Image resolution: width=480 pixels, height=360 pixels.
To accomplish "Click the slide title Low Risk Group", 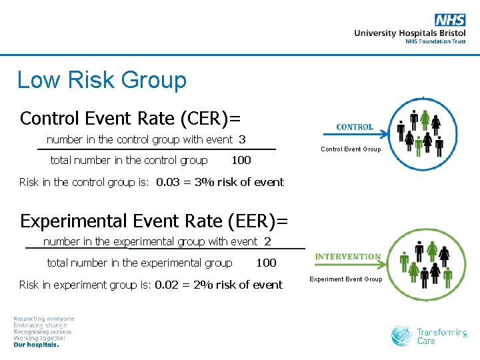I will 101,80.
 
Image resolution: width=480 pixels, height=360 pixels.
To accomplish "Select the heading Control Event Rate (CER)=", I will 130,118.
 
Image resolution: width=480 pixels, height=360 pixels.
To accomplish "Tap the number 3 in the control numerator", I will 242,139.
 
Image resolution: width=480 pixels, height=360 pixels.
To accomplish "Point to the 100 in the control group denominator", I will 241,160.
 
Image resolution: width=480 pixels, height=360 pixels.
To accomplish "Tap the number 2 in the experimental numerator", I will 267,241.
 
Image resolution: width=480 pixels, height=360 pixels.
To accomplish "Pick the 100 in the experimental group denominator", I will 266,263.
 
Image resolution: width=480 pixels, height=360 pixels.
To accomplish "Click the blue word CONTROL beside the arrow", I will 355,127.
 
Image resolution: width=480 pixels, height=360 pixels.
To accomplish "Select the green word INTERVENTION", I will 347,257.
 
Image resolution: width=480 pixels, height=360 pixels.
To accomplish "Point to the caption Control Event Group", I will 351,149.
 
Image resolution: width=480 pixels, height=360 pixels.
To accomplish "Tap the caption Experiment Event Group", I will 346,279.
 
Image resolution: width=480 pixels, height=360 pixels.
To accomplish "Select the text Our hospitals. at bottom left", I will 36,345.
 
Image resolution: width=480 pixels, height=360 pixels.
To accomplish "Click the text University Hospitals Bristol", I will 409,33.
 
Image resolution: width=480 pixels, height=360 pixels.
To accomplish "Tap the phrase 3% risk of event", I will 239,182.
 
